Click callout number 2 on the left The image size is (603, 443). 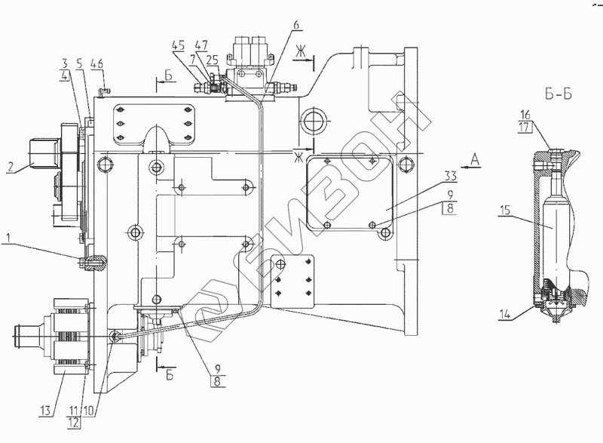coord(11,167)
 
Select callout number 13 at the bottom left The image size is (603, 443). coord(45,411)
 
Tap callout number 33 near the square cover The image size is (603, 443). coord(450,177)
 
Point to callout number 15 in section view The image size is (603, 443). coord(505,211)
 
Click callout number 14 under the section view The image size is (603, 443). coord(505,315)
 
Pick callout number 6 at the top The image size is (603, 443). coord(295,24)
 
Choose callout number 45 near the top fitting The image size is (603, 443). coord(178,45)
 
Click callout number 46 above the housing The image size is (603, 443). coord(97,63)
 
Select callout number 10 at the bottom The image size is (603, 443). coord(88,411)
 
